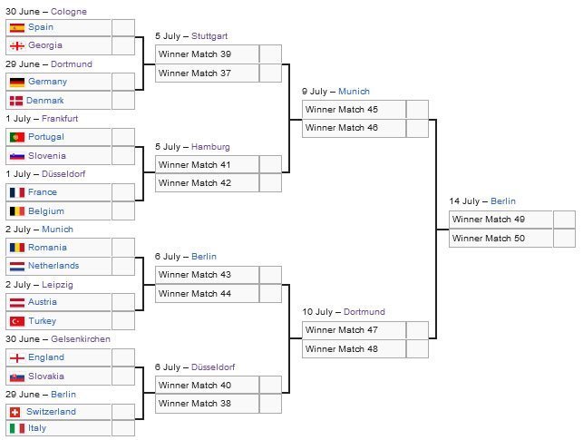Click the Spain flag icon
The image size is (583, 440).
click(17, 27)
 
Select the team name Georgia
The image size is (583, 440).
click(45, 45)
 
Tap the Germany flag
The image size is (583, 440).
click(17, 83)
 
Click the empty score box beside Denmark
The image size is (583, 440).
click(123, 101)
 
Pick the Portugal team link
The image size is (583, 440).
click(46, 137)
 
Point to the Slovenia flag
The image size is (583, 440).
click(17, 156)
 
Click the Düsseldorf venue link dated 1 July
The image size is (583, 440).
click(63, 174)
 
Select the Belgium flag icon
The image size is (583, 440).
click(17, 211)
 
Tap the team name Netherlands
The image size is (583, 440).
click(53, 266)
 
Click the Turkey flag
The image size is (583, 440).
click(17, 321)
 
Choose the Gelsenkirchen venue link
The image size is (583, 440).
click(81, 339)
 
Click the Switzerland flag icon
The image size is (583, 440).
click(15, 412)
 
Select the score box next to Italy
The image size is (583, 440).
click(123, 428)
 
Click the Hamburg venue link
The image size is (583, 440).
click(210, 147)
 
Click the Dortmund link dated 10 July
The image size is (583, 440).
click(364, 312)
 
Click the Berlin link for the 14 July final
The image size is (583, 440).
click(503, 201)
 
